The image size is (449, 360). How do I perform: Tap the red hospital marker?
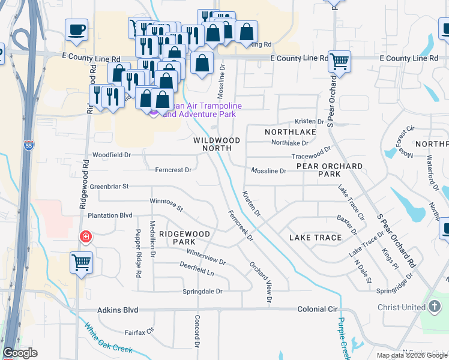click(86, 236)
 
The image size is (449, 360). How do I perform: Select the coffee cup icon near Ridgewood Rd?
click(77, 30)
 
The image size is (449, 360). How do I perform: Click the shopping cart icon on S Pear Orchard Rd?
click(340, 61)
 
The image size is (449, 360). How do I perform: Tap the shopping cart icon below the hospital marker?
click(81, 262)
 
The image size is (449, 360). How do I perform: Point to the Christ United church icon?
click(435, 307)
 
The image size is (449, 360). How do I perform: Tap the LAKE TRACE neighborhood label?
click(315, 238)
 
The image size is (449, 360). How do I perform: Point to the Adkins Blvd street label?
click(118, 310)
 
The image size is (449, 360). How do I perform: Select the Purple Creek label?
click(343, 336)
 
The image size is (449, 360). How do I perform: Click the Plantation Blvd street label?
click(110, 215)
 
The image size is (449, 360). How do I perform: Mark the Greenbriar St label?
click(109, 187)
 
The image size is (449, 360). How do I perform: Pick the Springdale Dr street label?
click(202, 292)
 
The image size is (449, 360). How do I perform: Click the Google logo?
click(20, 353)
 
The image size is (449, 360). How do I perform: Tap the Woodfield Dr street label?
click(112, 155)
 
